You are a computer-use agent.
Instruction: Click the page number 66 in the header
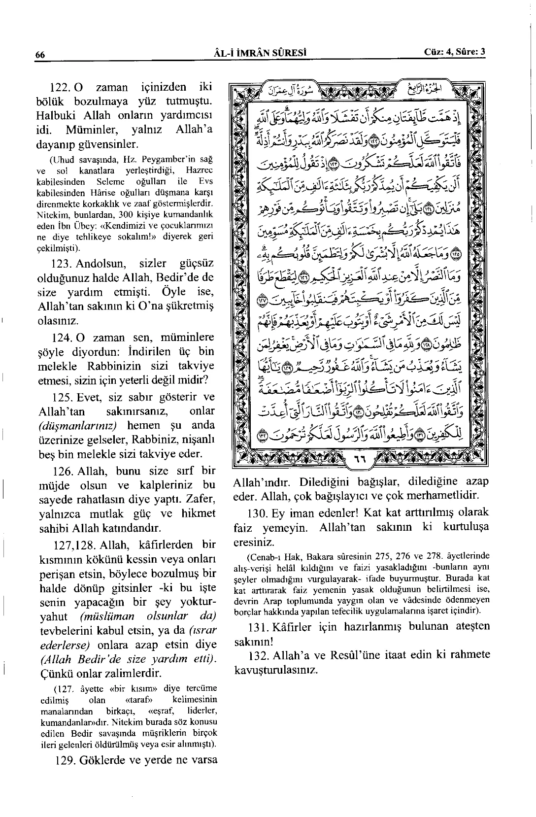tap(40, 55)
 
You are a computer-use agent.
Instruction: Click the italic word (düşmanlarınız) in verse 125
tap(80, 426)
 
